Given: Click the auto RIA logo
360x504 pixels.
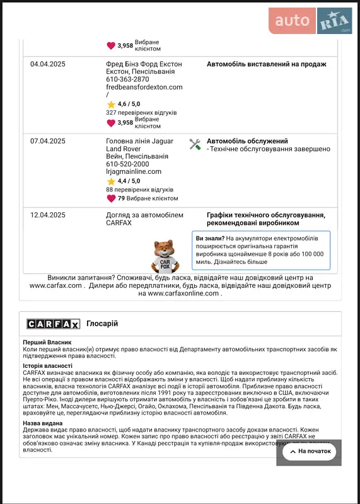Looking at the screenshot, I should [310, 21].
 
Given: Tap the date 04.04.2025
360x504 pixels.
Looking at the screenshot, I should [48, 64].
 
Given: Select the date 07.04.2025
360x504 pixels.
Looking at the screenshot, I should [48, 141].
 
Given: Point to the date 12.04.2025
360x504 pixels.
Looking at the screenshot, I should [48, 215].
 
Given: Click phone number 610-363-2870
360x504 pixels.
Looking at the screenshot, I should [127, 79].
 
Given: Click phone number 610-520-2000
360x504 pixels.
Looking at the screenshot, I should [127, 164].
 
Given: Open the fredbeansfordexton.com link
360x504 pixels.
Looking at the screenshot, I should [144, 88].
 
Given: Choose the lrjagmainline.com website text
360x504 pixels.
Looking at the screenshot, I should [134, 171].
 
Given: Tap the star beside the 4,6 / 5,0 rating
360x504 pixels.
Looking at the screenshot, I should [111, 104].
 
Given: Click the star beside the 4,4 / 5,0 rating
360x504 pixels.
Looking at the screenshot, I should [111, 181].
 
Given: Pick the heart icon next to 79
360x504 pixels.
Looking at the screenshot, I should [111, 198].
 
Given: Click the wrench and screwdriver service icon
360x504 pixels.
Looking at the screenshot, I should [195, 144].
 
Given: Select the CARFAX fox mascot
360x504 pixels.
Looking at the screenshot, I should [165, 255].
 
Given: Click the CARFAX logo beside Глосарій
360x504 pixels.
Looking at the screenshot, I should [53, 324].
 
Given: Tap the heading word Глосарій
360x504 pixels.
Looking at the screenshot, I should [102, 324].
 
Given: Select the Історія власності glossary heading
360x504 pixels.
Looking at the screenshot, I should [48, 365].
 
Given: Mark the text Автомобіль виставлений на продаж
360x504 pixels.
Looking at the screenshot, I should [266, 64].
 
